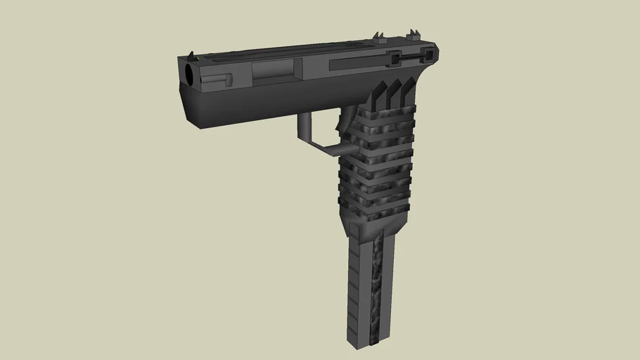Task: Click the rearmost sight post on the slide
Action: click(412, 34)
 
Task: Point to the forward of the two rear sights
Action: click(378, 36)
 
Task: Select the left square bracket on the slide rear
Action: click(395, 58)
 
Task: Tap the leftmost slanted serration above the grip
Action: click(375, 96)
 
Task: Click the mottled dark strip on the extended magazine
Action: click(377, 288)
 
